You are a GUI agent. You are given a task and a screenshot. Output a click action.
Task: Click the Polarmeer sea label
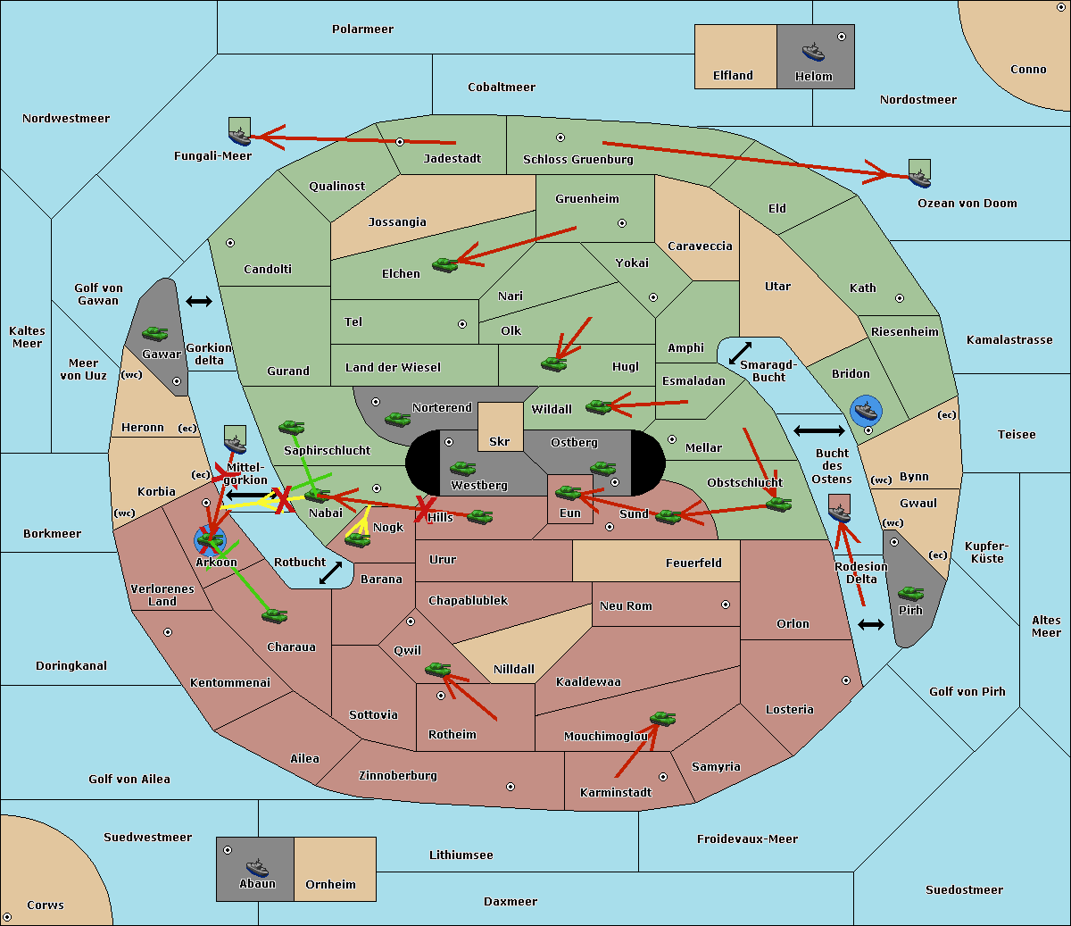pos(362,29)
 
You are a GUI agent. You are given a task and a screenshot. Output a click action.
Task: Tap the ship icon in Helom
pos(813,51)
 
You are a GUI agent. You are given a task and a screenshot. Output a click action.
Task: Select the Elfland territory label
pos(733,76)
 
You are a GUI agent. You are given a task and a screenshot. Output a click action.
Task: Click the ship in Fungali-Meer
pos(239,135)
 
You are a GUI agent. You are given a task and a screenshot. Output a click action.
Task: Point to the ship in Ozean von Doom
pos(919,176)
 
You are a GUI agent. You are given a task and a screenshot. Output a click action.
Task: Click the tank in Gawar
pos(155,334)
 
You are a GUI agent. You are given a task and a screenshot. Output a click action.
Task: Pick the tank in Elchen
pos(444,264)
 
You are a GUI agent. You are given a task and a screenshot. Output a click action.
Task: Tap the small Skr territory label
pos(500,441)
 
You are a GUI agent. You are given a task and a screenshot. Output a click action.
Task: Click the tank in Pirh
pos(910,594)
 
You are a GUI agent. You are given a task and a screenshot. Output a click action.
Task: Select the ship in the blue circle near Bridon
pos(866,411)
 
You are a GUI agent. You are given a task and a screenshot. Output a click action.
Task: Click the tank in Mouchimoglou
pos(662,718)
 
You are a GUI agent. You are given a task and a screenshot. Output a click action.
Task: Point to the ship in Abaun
pos(256,867)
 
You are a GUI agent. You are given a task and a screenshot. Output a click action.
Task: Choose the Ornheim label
pos(330,885)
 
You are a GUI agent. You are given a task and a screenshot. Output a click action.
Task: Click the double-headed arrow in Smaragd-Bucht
pos(741,353)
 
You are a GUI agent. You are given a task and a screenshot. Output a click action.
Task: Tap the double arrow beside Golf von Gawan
pos(198,302)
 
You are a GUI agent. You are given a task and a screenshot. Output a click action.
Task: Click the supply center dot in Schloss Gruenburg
pos(560,138)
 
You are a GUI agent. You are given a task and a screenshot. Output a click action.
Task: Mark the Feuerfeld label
pos(693,563)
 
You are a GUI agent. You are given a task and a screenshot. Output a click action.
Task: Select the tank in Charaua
pos(274,615)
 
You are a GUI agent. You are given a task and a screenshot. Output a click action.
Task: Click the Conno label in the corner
pos(1028,70)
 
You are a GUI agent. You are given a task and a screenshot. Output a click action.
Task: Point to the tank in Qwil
pos(437,669)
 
